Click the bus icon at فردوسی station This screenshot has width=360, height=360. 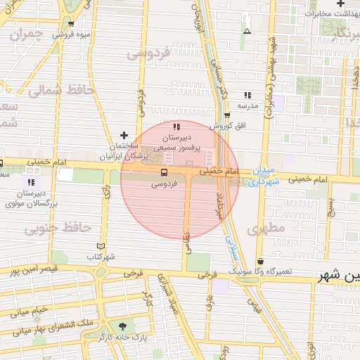point(164,172)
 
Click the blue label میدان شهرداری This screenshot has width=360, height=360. point(264,176)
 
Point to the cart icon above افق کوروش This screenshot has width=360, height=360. point(226,116)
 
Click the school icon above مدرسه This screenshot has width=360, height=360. point(247,95)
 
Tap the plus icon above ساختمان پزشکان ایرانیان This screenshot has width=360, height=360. point(124,135)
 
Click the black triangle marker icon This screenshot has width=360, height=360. point(247,31)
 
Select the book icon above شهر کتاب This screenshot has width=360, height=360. point(101,246)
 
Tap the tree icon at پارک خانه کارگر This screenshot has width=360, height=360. point(124,326)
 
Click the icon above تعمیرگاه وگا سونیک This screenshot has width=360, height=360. point(260,261)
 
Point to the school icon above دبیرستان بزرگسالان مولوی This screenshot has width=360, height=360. point(30,182)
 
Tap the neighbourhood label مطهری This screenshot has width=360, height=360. point(265,228)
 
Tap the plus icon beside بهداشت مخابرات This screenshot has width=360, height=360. point(340,4)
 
